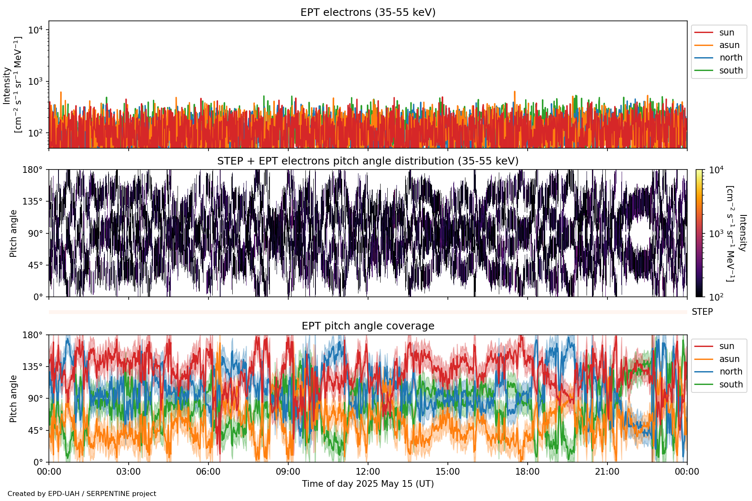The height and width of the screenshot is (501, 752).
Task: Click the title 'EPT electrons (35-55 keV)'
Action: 368,13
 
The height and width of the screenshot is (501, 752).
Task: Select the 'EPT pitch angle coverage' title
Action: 368,326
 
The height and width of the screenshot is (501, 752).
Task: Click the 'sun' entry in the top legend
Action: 727,33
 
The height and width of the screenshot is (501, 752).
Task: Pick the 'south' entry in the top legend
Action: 731,71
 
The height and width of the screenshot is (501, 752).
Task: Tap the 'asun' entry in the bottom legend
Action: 729,359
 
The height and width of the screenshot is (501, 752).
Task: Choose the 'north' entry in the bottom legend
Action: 731,372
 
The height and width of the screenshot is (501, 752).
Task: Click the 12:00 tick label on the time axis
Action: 368,472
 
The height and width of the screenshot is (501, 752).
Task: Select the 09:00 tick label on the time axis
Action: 288,472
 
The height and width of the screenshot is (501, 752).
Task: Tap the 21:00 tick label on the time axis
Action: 607,472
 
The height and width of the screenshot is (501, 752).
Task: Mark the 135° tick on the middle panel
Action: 33,202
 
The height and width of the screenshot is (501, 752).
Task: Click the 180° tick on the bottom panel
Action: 33,335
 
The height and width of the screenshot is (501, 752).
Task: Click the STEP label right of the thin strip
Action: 702,312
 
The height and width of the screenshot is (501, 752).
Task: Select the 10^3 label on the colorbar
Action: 716,234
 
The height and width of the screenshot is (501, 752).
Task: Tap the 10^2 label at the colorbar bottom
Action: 716,297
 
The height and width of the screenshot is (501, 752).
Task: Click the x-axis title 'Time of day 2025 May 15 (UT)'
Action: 368,484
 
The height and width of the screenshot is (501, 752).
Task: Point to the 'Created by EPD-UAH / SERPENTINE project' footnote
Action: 82,494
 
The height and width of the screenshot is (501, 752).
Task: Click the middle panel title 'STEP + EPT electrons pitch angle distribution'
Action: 368,161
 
